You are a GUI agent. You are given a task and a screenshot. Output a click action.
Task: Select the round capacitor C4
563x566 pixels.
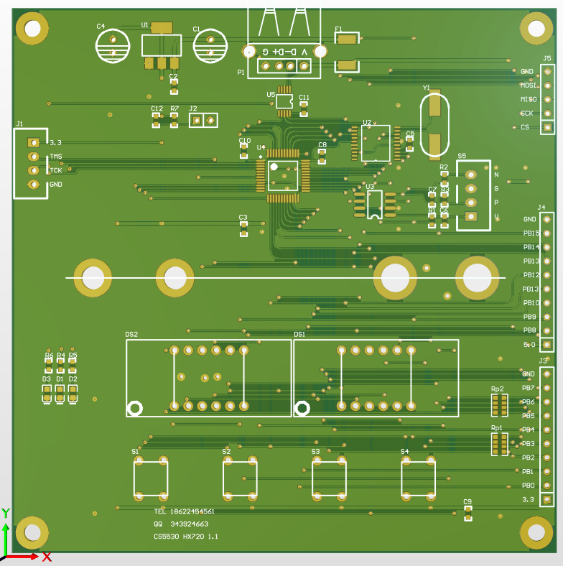[x=113, y=46]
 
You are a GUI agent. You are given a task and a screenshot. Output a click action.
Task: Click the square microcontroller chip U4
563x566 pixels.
[x=283, y=176]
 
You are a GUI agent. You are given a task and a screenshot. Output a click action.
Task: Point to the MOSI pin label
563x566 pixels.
[x=529, y=85]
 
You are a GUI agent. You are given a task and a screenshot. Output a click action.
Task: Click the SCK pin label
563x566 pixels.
[x=527, y=113]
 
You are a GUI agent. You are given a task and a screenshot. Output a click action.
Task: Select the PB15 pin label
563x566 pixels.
[x=531, y=233]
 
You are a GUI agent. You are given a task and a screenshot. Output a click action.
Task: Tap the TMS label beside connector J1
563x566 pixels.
[x=55, y=157]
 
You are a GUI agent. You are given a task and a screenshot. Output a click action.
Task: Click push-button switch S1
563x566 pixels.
[x=151, y=478]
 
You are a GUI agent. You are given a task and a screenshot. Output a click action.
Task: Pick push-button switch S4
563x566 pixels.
[x=418, y=478]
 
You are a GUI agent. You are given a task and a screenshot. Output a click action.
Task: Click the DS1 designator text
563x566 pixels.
[x=299, y=335]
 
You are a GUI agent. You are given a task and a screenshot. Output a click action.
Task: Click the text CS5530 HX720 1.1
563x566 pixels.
[x=186, y=537]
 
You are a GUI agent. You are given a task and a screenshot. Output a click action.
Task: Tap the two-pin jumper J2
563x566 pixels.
[x=203, y=120]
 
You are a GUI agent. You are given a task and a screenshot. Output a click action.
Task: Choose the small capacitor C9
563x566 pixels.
[x=468, y=512]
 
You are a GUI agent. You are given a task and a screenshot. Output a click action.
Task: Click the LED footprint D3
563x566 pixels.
[x=47, y=393]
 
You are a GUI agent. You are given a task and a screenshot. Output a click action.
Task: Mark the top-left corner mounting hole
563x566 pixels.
[x=32, y=29]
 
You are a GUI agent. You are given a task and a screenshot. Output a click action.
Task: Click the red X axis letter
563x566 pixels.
[x=47, y=557]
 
